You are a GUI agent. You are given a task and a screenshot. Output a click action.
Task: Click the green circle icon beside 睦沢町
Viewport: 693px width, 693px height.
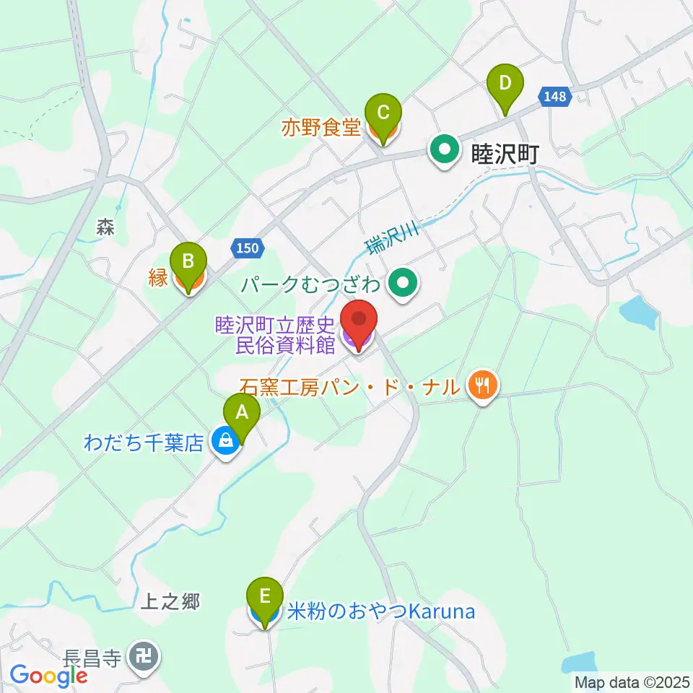click(x=445, y=151)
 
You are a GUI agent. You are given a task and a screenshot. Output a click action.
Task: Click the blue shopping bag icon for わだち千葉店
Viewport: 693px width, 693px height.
click(x=226, y=442)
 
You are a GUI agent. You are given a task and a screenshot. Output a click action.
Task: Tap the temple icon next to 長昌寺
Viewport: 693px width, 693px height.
click(x=143, y=657)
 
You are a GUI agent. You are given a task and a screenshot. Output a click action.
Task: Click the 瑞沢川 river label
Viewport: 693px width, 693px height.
click(x=391, y=237)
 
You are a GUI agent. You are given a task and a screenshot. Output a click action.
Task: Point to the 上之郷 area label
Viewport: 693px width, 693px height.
click(x=170, y=601)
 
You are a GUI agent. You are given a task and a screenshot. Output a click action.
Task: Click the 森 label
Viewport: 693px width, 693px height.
click(x=105, y=226)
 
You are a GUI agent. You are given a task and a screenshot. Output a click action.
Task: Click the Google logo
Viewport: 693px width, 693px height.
click(x=48, y=676)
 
